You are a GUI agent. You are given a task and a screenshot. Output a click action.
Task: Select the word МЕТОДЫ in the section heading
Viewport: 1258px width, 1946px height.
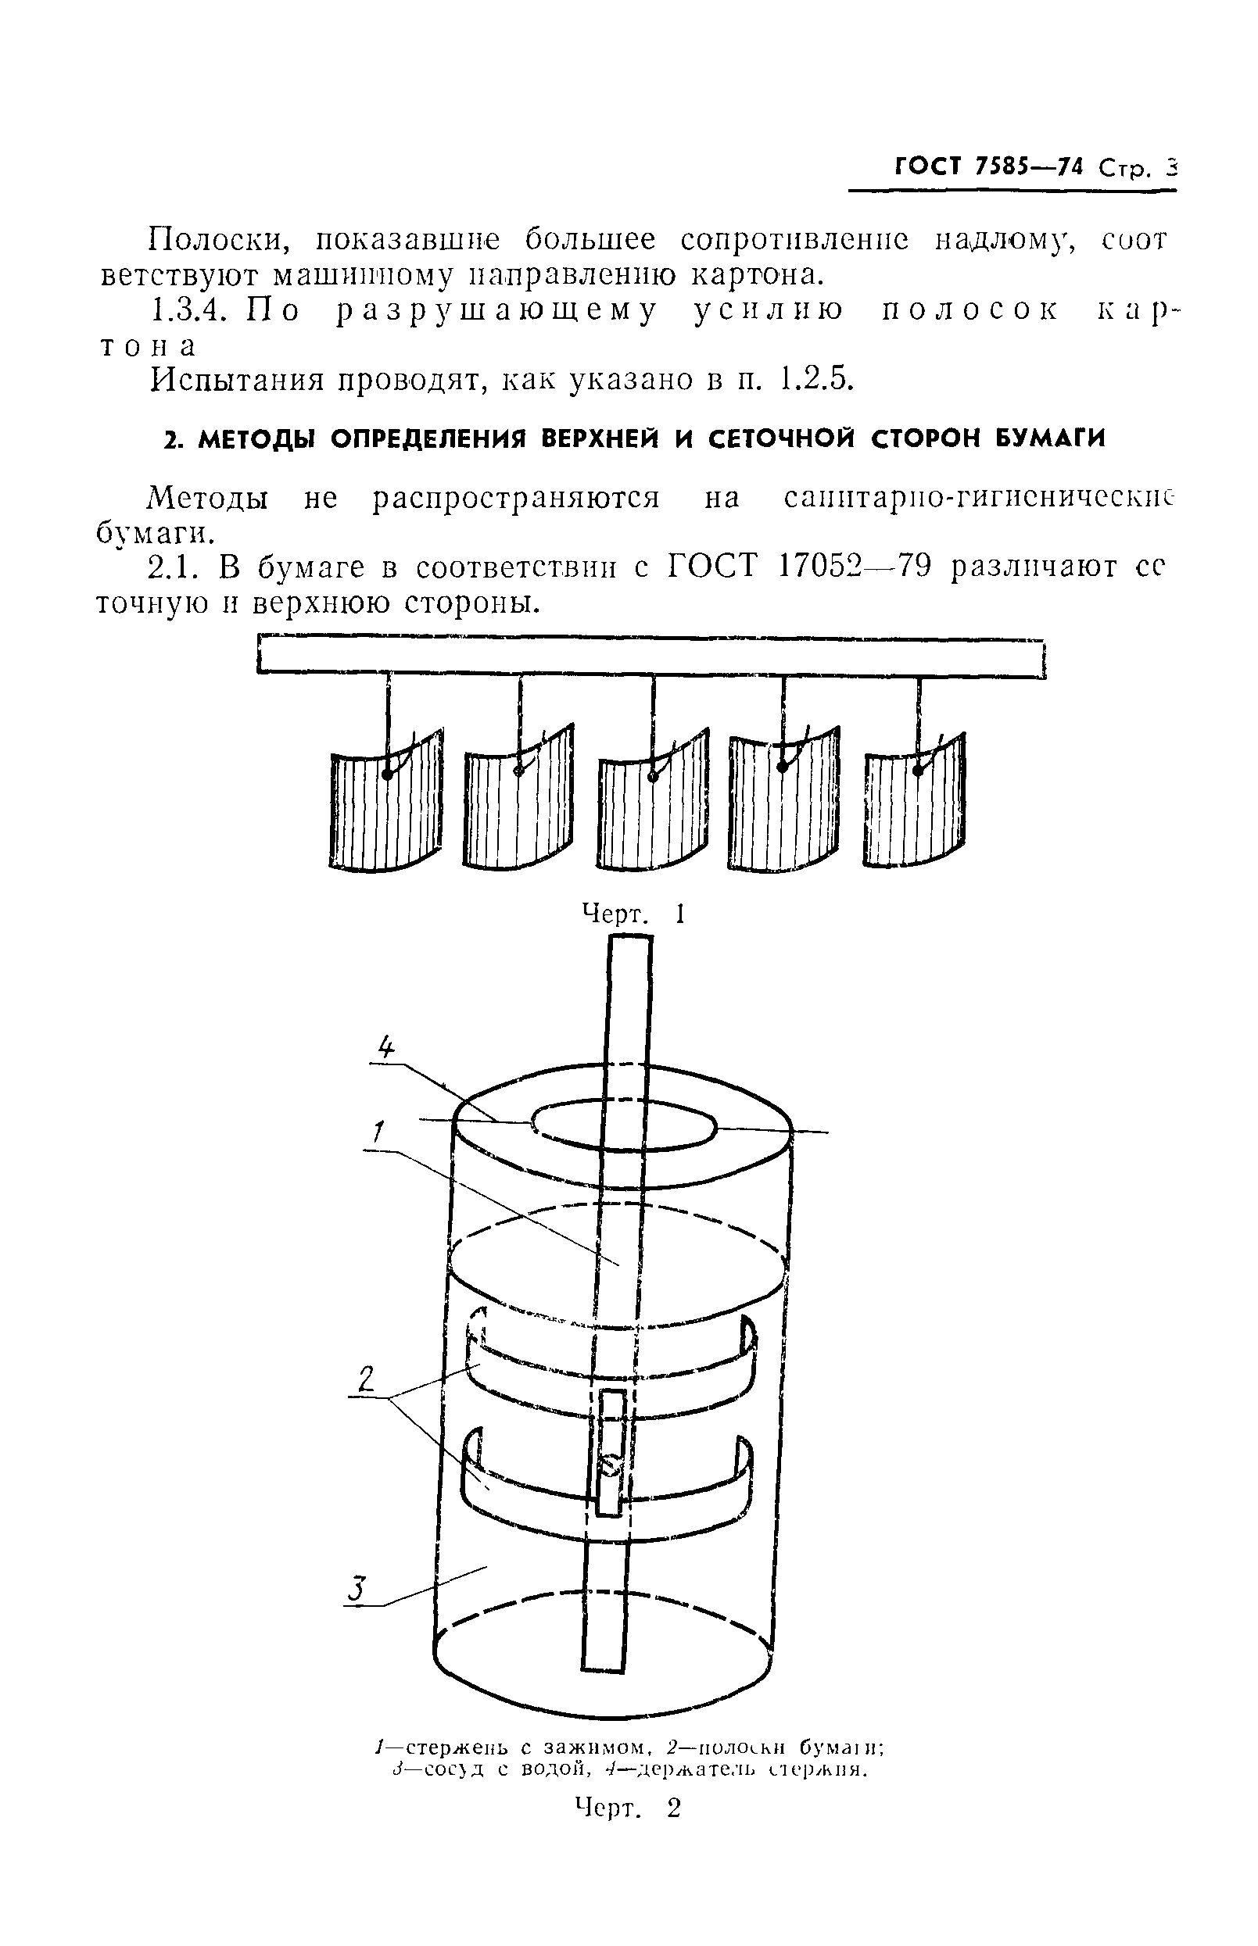coord(260,439)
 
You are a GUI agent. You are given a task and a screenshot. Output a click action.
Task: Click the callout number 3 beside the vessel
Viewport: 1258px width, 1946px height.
coord(354,1589)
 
